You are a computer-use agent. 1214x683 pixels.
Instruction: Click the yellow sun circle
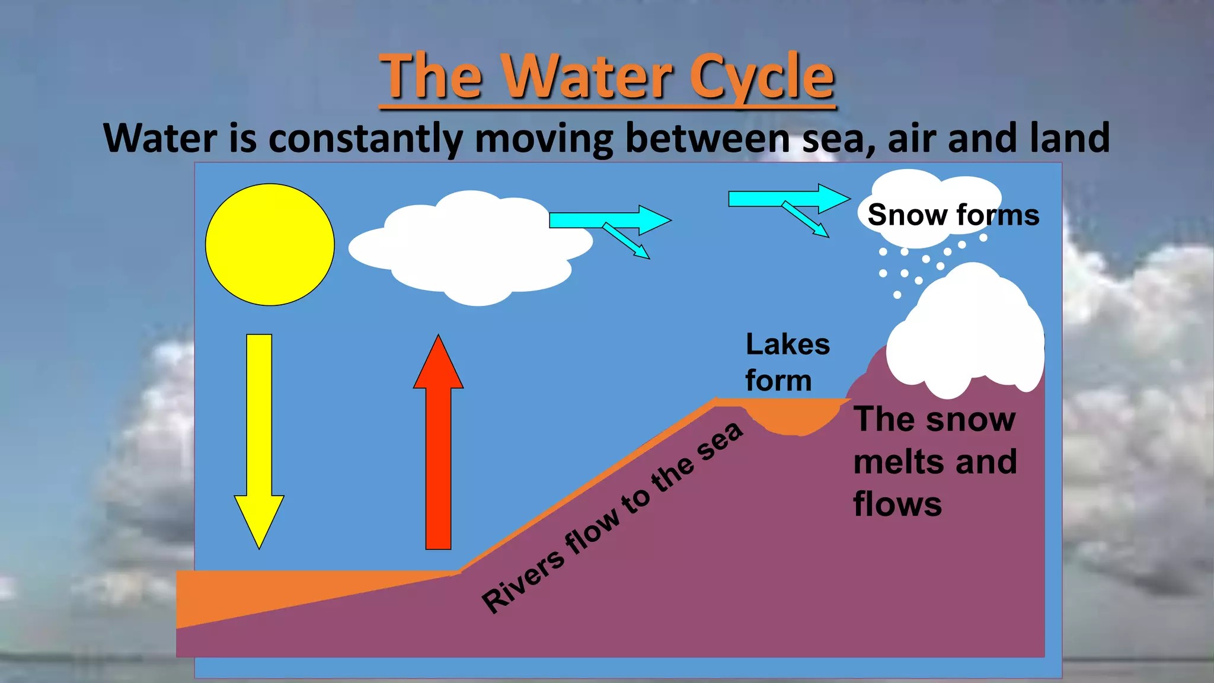coord(270,245)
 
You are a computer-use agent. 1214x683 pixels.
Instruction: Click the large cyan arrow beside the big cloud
coord(611,220)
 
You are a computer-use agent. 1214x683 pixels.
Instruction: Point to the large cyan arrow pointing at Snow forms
coord(788,199)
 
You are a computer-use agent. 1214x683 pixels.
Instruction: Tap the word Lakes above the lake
coord(787,344)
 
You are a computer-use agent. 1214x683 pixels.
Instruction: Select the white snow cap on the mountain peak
coord(966,338)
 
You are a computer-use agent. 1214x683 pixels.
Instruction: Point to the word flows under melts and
coord(897,505)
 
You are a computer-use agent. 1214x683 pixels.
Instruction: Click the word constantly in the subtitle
coord(365,139)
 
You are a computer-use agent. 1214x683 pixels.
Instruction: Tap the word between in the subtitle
coord(708,138)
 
